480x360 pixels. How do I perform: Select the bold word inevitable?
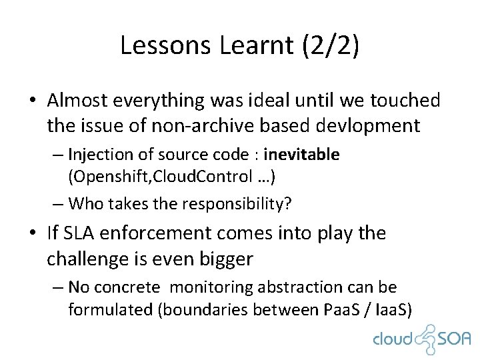302,155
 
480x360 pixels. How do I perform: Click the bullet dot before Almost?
32,101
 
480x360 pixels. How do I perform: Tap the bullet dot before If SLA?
32,234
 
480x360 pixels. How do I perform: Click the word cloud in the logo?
393,340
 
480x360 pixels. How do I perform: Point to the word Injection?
100,155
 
